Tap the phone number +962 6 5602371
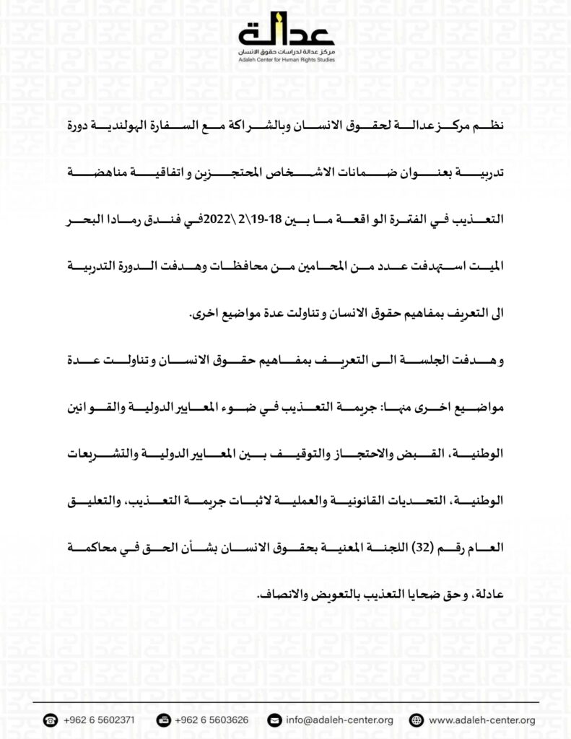(x=98, y=720)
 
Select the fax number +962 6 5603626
(x=212, y=720)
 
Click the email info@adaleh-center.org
(x=339, y=720)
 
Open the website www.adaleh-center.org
(x=481, y=720)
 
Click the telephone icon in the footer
(x=51, y=720)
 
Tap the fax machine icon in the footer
(x=163, y=720)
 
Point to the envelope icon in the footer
(x=274, y=720)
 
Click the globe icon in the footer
(x=415, y=720)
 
